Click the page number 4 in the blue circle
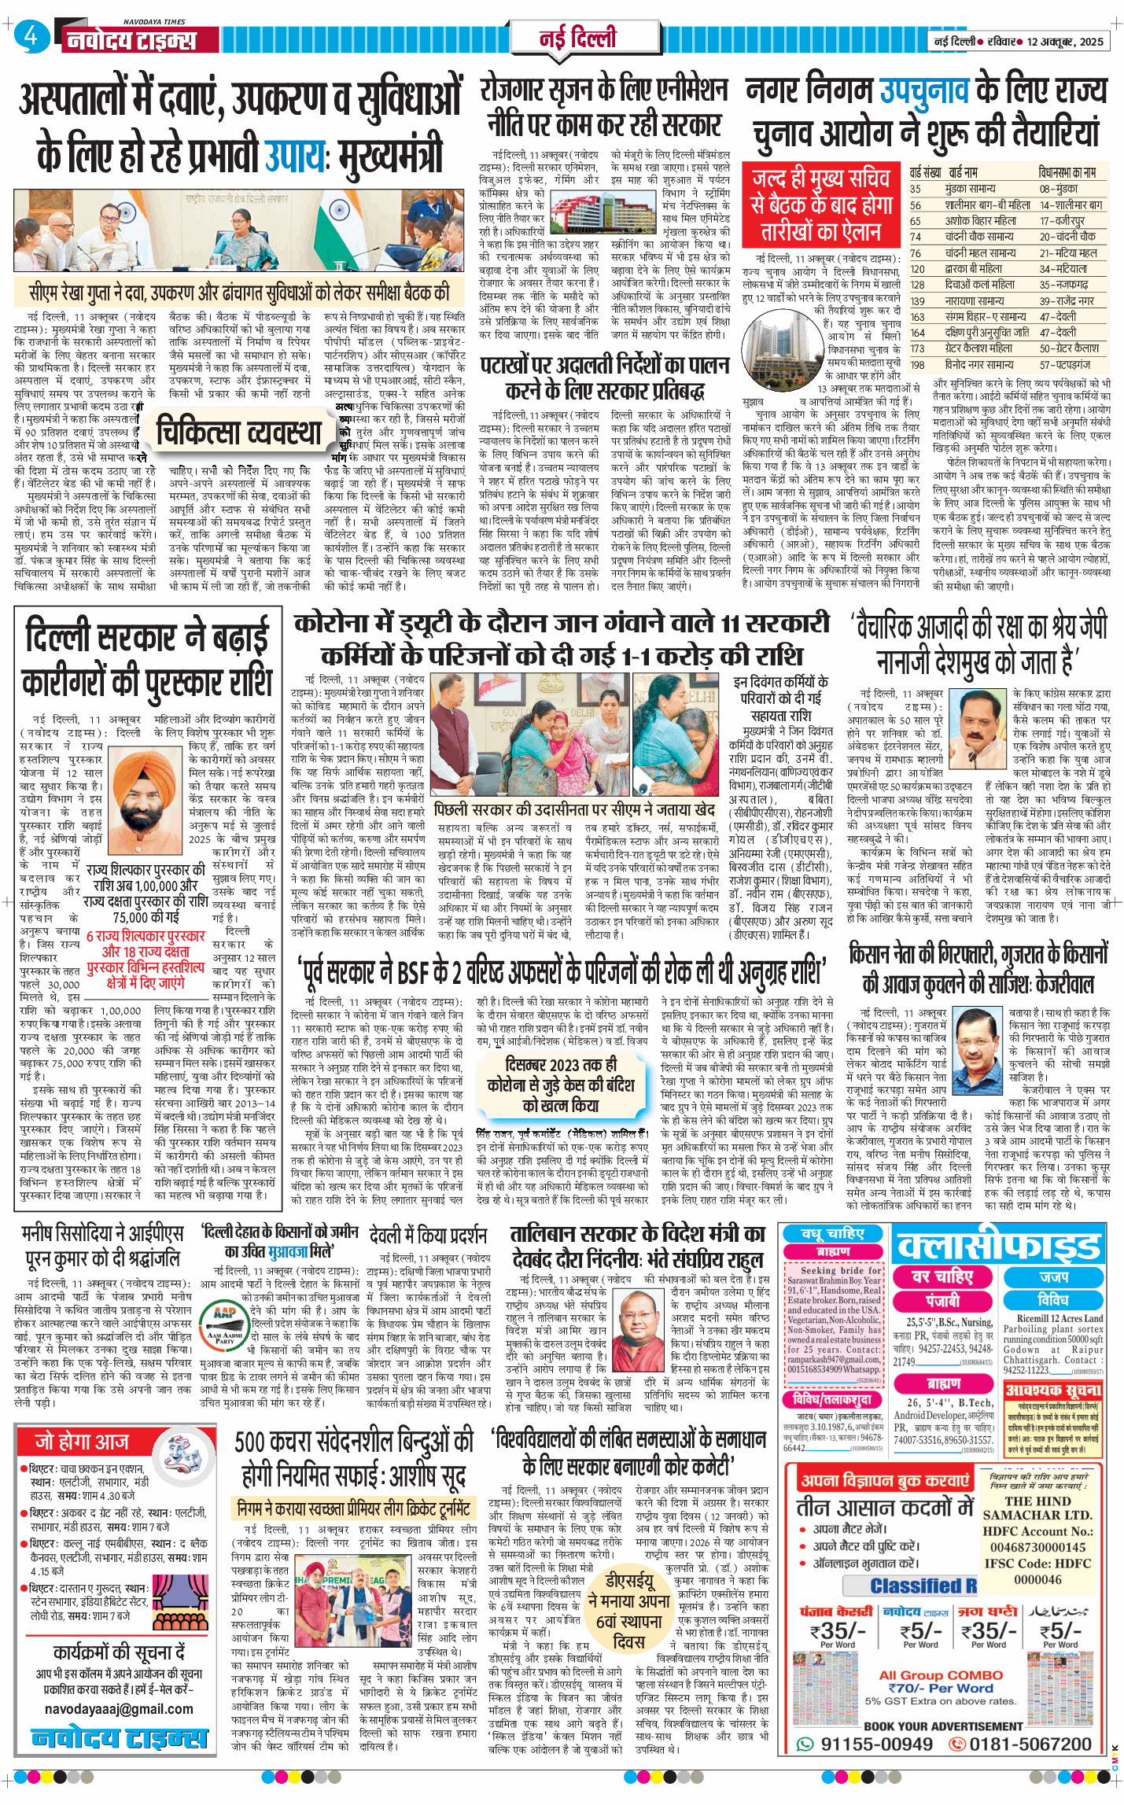point(31,36)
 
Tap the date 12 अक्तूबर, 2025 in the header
point(1065,42)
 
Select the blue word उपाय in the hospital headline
point(296,154)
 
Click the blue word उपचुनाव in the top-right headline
point(923,91)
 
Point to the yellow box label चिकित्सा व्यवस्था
point(239,432)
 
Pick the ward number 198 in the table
point(917,365)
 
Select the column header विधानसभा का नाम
point(1067,172)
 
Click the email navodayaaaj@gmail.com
point(119,1709)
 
